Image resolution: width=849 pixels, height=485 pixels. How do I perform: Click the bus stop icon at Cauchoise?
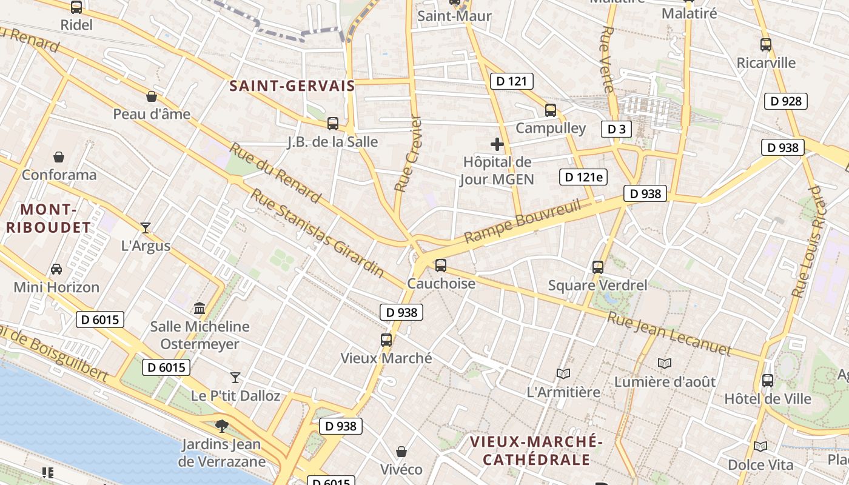(x=441, y=265)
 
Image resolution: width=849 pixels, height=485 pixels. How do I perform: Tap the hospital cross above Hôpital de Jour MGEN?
(x=497, y=144)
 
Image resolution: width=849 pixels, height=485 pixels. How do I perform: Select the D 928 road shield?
(x=787, y=101)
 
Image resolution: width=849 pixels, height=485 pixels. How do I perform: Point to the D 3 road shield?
(x=616, y=129)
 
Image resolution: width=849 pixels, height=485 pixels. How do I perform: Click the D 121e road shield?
(x=583, y=177)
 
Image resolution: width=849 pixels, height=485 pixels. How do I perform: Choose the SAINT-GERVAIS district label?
(x=292, y=86)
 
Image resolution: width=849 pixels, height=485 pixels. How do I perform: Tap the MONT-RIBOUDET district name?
(x=55, y=219)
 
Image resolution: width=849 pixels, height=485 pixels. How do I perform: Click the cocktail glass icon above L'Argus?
(x=146, y=228)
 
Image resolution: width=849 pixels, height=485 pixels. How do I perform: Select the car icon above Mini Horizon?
(x=56, y=269)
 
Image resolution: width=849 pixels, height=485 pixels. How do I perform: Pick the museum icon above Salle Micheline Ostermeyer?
(x=200, y=308)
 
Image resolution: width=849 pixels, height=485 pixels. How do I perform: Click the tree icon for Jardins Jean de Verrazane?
(x=222, y=426)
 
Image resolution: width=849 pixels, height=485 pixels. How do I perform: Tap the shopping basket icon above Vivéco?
(x=401, y=452)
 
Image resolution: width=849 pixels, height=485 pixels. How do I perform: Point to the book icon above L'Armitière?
(x=563, y=373)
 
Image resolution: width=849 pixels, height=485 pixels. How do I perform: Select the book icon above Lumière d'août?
(x=665, y=363)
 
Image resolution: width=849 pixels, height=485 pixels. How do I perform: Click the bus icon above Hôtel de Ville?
(x=768, y=381)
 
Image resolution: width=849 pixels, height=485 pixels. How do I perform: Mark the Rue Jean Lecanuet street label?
(x=669, y=334)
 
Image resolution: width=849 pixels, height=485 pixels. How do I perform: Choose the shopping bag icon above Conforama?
(x=59, y=157)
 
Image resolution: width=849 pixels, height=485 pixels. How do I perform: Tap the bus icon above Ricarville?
(x=766, y=44)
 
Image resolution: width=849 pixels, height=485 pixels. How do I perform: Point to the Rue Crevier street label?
(x=408, y=154)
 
